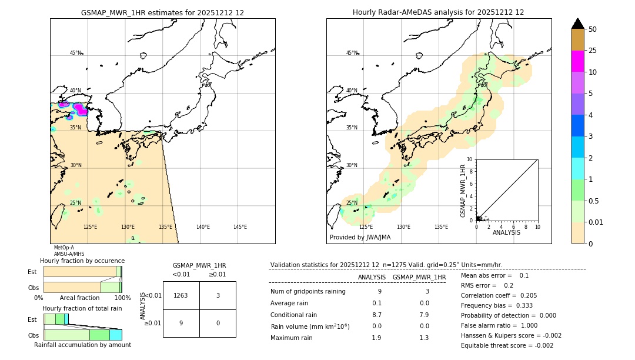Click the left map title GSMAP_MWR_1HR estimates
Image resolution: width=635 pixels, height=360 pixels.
(162, 12)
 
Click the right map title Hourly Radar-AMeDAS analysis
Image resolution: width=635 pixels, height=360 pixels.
(438, 12)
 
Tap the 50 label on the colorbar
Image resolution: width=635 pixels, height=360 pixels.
(593, 29)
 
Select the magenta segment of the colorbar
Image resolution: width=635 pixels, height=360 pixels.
(577, 61)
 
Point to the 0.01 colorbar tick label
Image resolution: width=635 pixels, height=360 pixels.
(596, 222)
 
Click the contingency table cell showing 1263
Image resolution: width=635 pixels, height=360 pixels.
(181, 295)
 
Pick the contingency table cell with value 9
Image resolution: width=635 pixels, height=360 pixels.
(181, 323)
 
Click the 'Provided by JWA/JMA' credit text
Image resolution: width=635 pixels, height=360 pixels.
(360, 237)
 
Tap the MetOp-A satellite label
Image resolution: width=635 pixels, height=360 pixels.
(64, 248)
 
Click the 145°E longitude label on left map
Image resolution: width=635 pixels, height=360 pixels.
(240, 227)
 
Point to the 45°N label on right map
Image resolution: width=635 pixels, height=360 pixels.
(352, 53)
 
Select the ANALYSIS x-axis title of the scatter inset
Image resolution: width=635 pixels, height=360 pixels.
(506, 232)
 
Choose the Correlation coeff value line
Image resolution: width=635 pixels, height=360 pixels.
(499, 296)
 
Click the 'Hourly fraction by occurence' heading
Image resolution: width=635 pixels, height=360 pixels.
(82, 261)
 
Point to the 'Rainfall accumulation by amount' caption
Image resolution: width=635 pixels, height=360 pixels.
(82, 345)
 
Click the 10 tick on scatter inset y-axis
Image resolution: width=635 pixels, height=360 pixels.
(469, 159)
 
